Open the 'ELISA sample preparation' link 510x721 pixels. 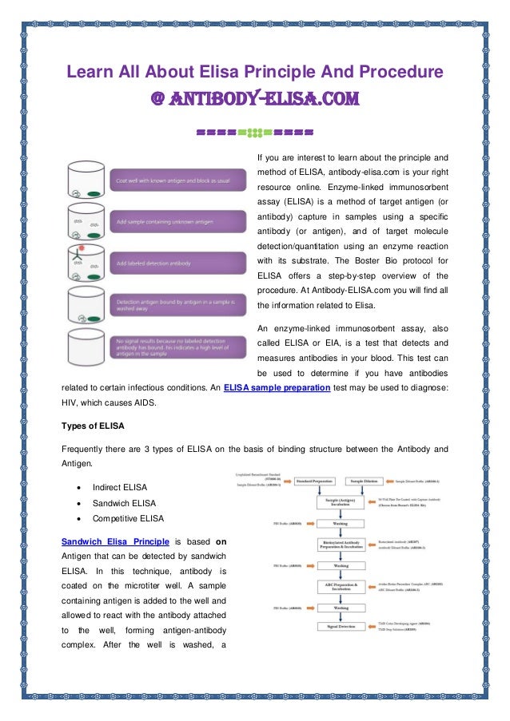(277, 387)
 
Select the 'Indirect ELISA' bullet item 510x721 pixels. (119, 487)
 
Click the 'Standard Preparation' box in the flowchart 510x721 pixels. (318, 481)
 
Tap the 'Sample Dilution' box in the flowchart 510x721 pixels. (368, 481)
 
